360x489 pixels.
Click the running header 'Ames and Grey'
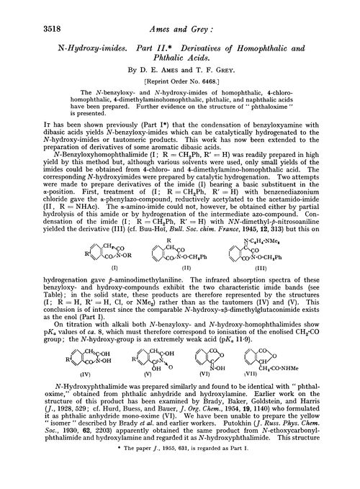pyautogui.click(x=179, y=9)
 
